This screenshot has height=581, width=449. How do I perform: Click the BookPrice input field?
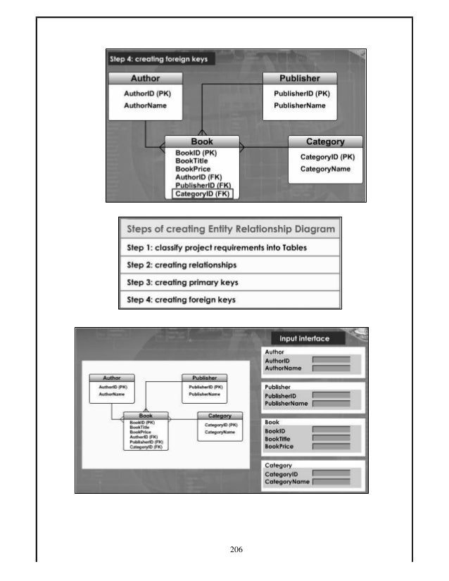tap(330, 447)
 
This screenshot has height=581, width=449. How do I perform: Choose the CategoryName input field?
tap(330, 483)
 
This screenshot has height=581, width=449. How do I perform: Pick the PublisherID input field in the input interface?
tap(330, 395)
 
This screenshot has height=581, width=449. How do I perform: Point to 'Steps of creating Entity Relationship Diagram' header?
tap(230, 229)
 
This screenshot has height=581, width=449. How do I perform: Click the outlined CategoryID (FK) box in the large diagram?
tap(201, 193)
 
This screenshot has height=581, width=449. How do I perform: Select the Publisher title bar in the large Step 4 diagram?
tap(300, 78)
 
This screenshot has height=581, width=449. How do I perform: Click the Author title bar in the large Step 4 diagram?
tap(146, 78)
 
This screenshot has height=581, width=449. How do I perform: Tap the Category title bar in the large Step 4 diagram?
tap(325, 141)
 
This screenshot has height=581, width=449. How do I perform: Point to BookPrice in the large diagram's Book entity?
tap(193, 169)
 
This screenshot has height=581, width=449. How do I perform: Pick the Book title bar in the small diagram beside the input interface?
tap(146, 416)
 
